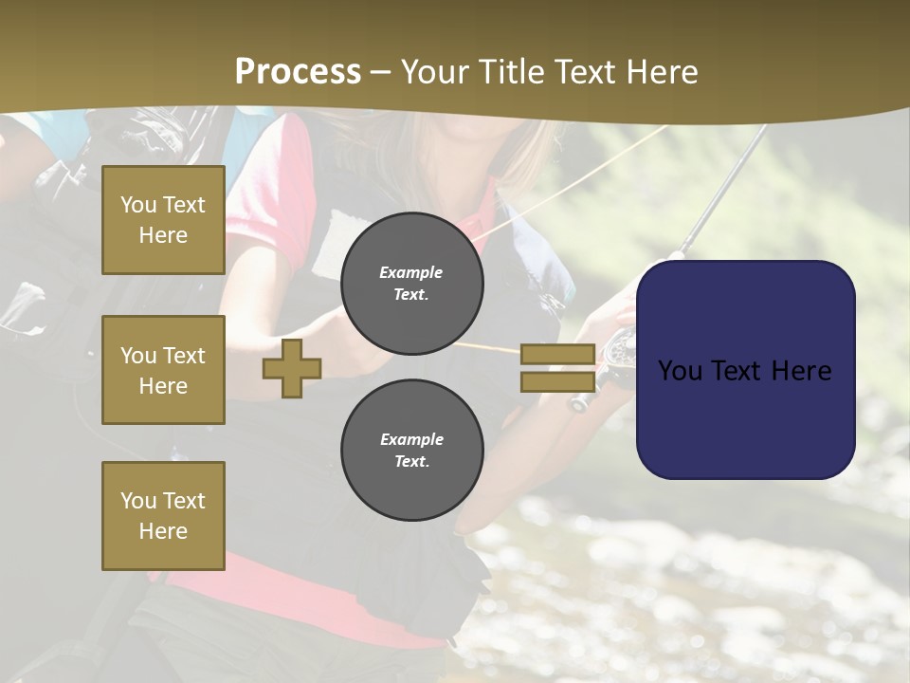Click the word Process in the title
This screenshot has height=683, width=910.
click(x=298, y=72)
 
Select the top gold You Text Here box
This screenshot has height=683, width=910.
click(x=163, y=220)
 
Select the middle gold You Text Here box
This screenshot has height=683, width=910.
click(x=163, y=370)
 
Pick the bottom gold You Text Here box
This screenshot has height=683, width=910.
click(x=163, y=515)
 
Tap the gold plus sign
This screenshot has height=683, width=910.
click(x=292, y=368)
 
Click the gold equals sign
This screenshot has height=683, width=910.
click(x=557, y=368)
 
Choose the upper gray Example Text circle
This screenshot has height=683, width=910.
click(x=411, y=284)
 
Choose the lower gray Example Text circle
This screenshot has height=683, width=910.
click(x=411, y=451)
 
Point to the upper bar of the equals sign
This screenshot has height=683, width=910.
click(x=557, y=355)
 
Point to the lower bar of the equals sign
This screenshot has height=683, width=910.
click(x=557, y=381)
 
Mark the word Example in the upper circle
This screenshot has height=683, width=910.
click(x=411, y=272)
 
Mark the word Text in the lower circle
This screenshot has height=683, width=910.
click(x=411, y=462)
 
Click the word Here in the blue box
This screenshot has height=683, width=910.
click(x=800, y=370)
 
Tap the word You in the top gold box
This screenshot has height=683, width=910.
click(x=137, y=205)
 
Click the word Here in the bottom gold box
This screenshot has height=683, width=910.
click(x=163, y=531)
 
